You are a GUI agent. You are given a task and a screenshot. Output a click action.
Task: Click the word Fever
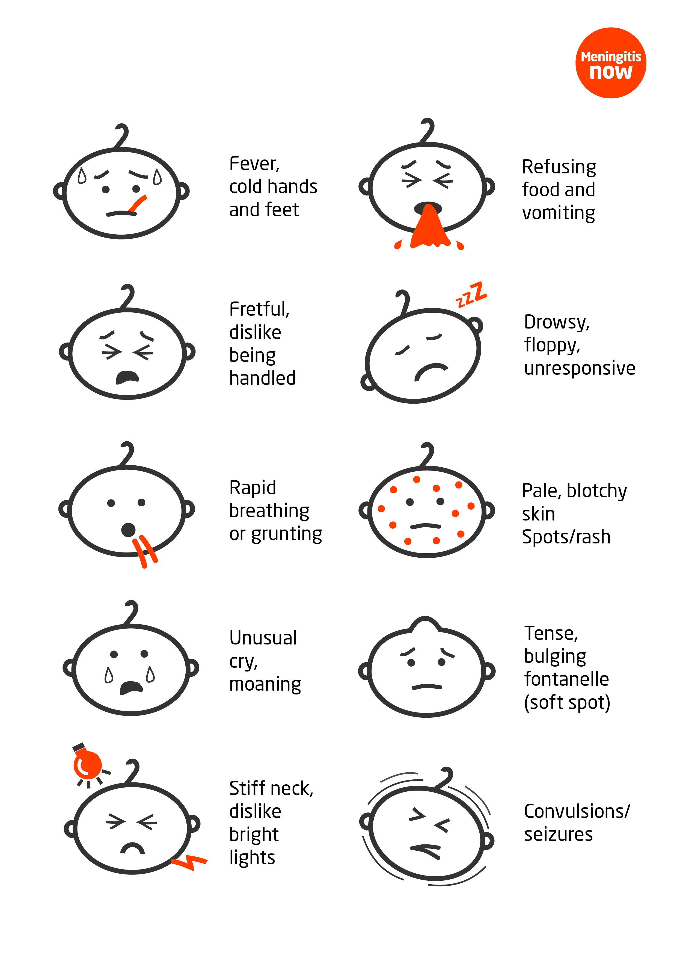tap(254, 164)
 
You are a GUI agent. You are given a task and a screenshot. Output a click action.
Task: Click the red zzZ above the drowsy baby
tap(471, 295)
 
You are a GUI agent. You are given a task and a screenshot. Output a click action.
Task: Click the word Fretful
tap(259, 309)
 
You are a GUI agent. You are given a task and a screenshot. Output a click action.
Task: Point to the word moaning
tap(265, 685)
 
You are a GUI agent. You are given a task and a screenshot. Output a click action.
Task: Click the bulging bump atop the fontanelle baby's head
tap(425, 623)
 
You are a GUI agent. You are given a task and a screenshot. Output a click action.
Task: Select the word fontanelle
tap(566, 679)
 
